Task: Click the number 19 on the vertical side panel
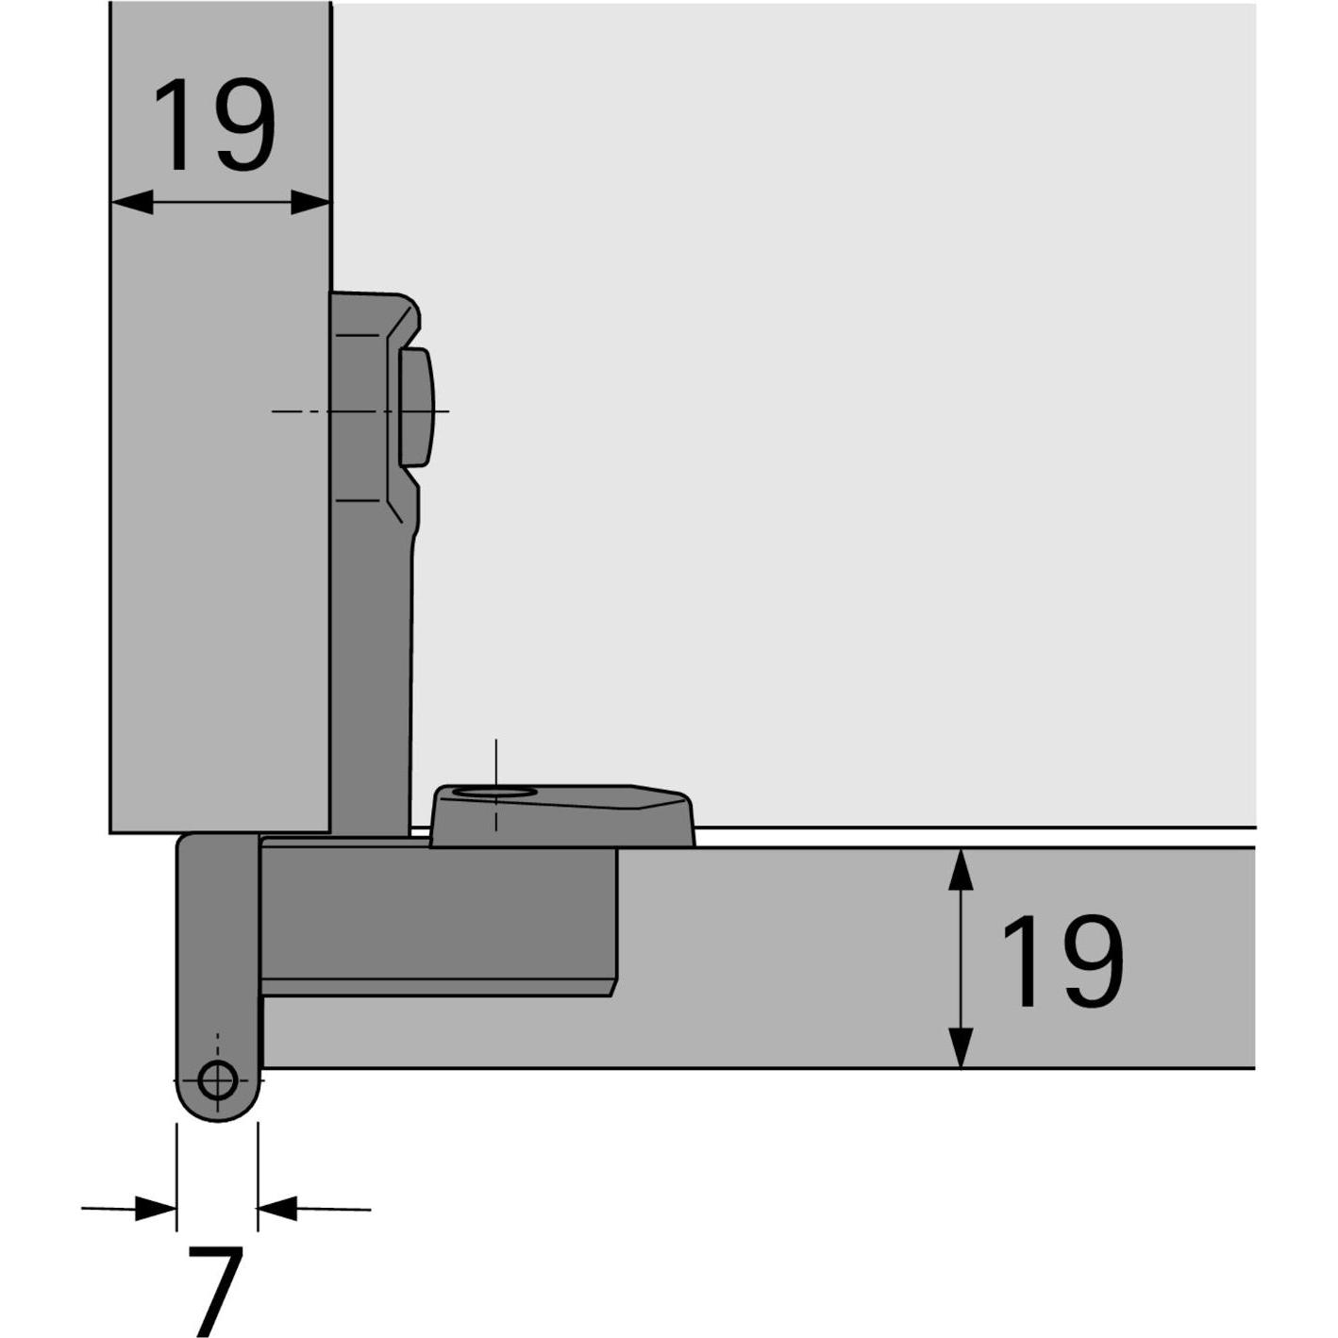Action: tap(214, 125)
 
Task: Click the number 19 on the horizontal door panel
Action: tap(1062, 962)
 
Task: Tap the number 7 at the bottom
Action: tap(216, 1287)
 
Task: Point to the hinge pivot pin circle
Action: tap(218, 1079)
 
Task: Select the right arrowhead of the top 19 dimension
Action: tap(310, 202)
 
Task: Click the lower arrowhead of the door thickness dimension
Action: tap(961, 1047)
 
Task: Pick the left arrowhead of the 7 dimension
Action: tap(156, 1209)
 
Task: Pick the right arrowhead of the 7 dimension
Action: tap(277, 1208)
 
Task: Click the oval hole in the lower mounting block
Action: tap(493, 793)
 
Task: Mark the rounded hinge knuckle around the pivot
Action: tap(218, 981)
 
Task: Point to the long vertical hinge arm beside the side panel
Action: tap(371, 661)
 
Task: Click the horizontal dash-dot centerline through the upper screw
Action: tap(302, 411)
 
